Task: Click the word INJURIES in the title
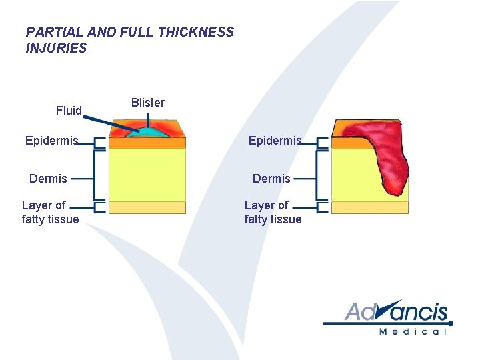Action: coord(56,48)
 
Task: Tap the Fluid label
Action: coord(69,111)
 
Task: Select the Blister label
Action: coord(147,103)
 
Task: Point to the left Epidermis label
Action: coord(51,141)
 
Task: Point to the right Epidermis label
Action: coord(275,141)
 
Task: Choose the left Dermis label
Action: coord(48,178)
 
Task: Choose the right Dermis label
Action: coord(271,178)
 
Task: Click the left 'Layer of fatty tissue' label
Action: coord(50,212)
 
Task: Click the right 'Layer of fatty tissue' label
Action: coord(273,212)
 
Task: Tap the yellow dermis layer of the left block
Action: coord(147,173)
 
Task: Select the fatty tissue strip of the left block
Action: coord(147,207)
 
